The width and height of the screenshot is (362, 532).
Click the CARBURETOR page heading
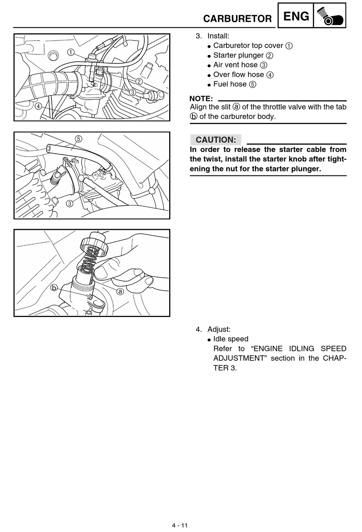click(237, 19)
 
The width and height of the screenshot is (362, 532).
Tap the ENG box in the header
click(296, 16)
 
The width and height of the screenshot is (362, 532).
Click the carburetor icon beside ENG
click(330, 16)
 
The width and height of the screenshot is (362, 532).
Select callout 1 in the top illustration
click(71, 52)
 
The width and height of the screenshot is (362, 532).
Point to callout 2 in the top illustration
click(139, 82)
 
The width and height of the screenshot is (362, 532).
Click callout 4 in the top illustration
click(38, 106)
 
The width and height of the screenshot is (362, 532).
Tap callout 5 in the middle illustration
click(79, 139)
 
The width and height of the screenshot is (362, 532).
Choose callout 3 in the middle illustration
click(70, 204)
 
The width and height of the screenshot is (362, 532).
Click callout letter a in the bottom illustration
click(120, 291)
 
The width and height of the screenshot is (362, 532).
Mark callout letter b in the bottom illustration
click(54, 288)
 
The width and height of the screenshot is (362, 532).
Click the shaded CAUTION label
click(216, 140)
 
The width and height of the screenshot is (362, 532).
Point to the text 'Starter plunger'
click(238, 55)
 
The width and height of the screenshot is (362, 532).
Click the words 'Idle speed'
click(231, 339)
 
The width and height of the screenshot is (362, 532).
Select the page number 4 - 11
click(180, 526)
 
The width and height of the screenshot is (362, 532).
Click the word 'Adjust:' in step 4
click(219, 329)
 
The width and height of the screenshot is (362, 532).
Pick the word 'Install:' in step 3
click(218, 36)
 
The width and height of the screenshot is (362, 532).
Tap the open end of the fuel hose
click(48, 148)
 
